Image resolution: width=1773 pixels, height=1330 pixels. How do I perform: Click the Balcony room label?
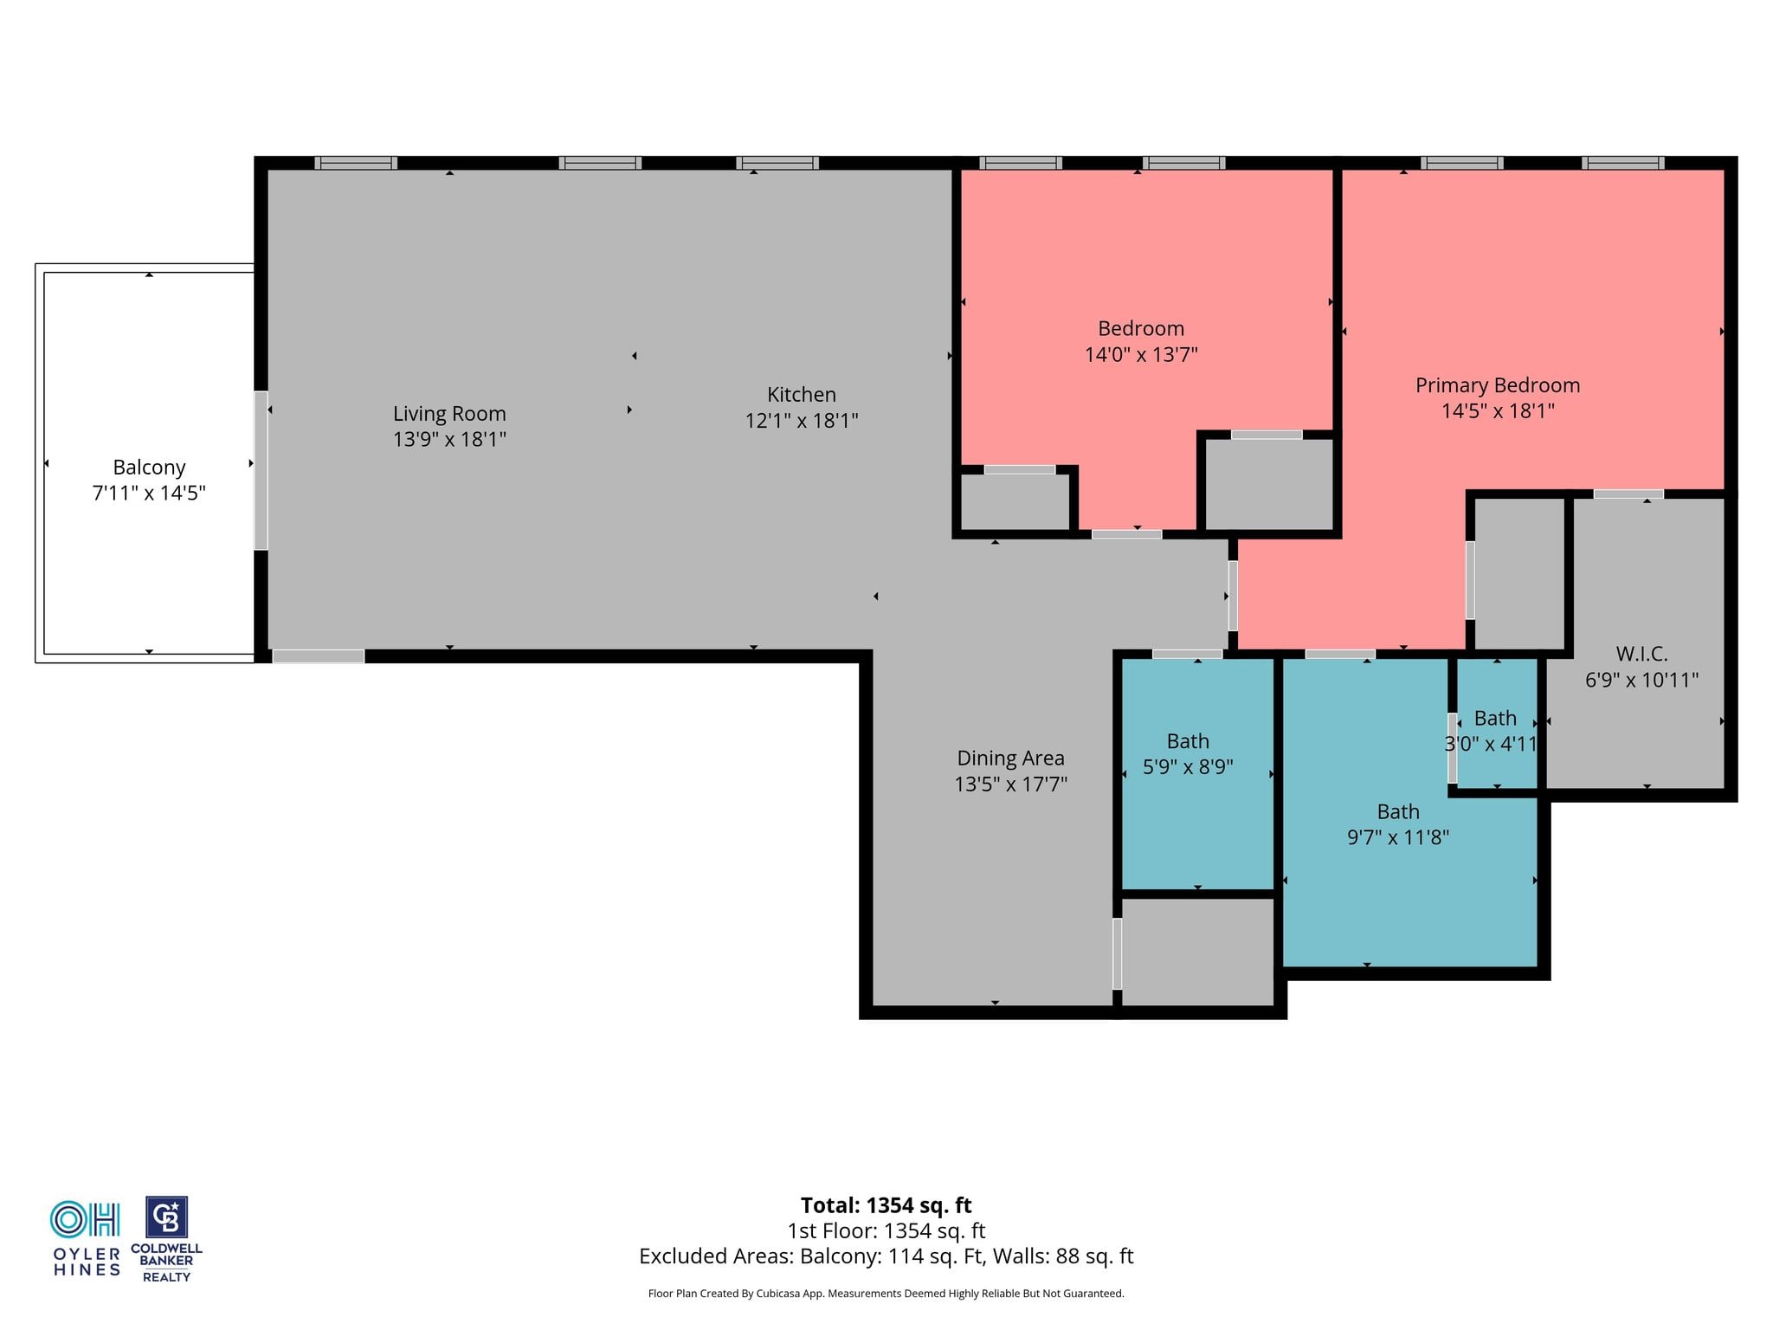[x=149, y=468]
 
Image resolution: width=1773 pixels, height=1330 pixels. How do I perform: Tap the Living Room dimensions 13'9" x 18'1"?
[x=449, y=439]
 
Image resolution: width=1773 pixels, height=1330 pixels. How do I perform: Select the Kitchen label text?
[x=802, y=395]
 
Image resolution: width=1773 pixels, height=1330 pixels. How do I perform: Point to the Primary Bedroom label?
[x=1498, y=385]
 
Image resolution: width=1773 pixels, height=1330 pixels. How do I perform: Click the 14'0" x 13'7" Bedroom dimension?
[x=1141, y=354]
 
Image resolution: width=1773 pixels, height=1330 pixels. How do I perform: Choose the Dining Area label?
[x=1010, y=759]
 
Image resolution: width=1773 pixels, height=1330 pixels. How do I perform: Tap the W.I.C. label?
[x=1641, y=654]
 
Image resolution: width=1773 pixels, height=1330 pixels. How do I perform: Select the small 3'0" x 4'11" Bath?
[x=1497, y=723]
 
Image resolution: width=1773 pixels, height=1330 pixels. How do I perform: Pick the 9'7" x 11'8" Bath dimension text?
[x=1398, y=837]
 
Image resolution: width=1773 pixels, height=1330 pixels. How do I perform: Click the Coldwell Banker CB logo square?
[x=166, y=1218]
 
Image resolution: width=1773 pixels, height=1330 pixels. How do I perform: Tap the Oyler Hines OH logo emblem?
[x=85, y=1219]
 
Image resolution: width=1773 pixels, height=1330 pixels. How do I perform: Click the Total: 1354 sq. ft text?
[x=886, y=1205]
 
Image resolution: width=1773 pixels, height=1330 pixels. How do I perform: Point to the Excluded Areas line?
[x=886, y=1256]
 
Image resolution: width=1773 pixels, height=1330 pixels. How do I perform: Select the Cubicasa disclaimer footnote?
[x=886, y=1294]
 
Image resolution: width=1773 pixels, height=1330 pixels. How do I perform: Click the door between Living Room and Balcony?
[x=261, y=470]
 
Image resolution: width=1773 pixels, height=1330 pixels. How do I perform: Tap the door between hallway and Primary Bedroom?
[x=1233, y=596]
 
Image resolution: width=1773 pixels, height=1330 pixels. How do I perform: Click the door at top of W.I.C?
[x=1628, y=494]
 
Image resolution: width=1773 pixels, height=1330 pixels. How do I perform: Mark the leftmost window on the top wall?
[x=356, y=163]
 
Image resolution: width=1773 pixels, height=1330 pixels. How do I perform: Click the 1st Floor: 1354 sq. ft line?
[x=886, y=1230]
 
